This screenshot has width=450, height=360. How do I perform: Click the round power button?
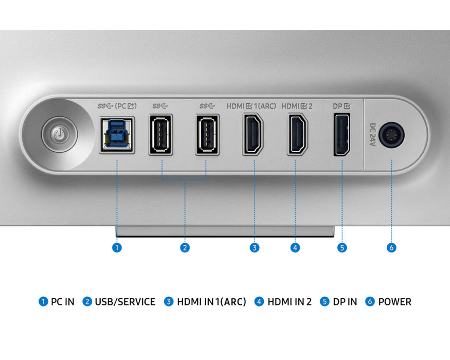[60, 134]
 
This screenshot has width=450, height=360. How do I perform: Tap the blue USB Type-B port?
[117, 135]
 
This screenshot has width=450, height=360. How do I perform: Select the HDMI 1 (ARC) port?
[253, 134]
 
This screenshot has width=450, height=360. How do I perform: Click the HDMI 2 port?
[297, 134]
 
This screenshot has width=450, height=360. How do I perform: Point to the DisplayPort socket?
[342, 135]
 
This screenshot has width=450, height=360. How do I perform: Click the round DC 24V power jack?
[391, 135]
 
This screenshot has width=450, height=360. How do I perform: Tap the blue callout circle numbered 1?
[117, 247]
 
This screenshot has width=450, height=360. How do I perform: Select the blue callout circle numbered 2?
[185, 247]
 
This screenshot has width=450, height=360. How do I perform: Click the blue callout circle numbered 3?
[255, 247]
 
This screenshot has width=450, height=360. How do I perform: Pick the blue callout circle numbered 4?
[295, 247]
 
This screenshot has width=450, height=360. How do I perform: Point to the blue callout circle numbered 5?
[342, 247]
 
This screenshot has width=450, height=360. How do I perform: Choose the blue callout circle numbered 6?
[391, 247]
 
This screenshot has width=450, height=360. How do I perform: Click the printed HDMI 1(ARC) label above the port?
[251, 106]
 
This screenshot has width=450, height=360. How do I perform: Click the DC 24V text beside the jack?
[372, 135]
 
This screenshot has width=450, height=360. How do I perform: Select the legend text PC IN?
[63, 302]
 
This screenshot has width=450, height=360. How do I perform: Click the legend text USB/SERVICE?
[125, 302]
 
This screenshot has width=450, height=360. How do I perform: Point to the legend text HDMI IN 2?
[290, 302]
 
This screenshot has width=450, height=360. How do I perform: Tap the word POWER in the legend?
[394, 302]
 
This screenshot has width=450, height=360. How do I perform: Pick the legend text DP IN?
[345, 302]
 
